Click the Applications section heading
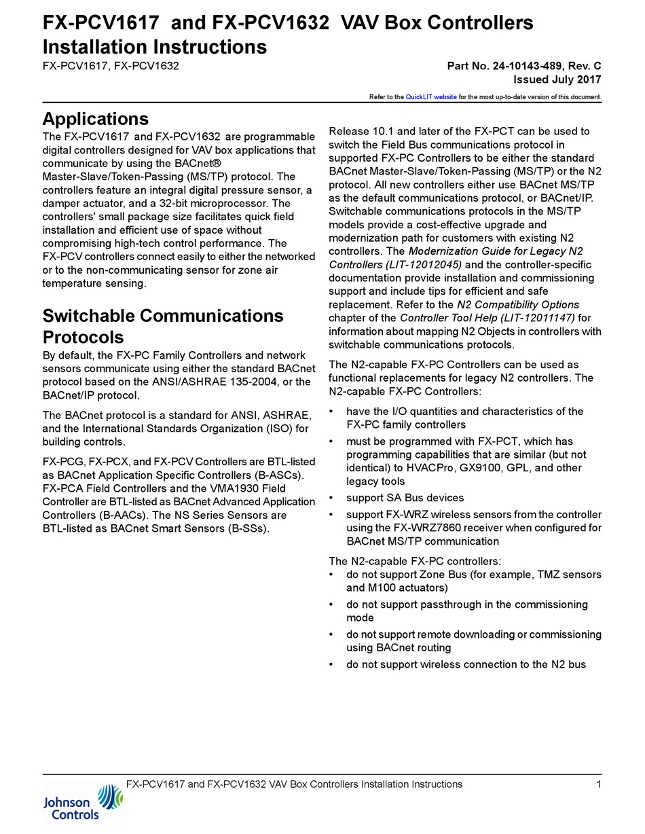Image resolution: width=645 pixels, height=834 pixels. pyautogui.click(x=95, y=119)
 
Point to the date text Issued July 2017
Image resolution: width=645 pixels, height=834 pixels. pyautogui.click(x=557, y=79)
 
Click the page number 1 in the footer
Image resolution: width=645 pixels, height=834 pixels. pyautogui.click(x=598, y=784)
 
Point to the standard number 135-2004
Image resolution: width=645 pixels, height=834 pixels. pyautogui.click(x=252, y=382)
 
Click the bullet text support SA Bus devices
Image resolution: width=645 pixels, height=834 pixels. pyautogui.click(x=405, y=498)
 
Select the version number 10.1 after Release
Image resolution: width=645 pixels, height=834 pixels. pyautogui.click(x=384, y=131)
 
